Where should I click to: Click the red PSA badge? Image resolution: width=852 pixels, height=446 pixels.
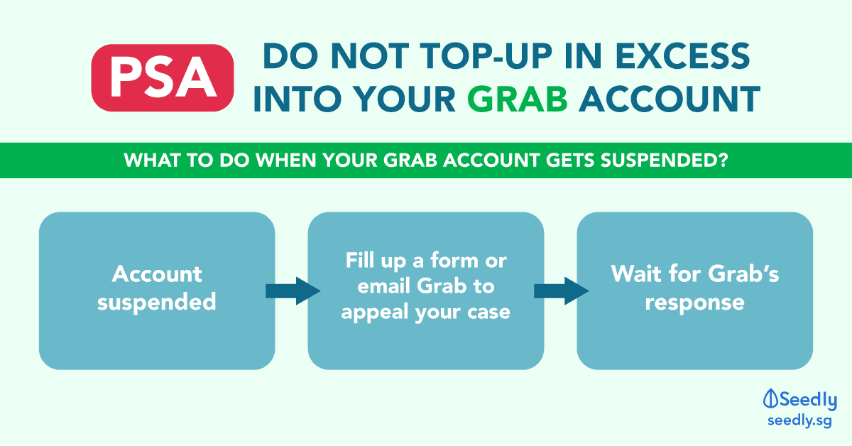click(x=163, y=78)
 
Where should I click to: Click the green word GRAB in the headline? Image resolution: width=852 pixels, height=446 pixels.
click(x=518, y=99)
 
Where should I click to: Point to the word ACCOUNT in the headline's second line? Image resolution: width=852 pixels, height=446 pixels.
click(x=670, y=99)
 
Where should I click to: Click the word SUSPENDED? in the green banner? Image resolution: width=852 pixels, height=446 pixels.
click(x=664, y=161)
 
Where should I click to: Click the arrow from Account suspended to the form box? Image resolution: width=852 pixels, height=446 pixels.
click(x=293, y=291)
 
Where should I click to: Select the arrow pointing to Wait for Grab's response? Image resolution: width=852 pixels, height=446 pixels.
click(x=562, y=291)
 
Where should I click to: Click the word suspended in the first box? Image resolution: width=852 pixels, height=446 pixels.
click(x=157, y=302)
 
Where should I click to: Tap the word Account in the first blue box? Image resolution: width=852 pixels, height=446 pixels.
click(x=157, y=274)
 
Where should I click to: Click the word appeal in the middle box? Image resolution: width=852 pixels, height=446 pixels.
click(x=375, y=312)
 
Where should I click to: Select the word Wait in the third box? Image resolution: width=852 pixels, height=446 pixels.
click(x=636, y=274)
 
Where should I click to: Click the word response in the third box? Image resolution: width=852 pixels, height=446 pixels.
click(x=694, y=303)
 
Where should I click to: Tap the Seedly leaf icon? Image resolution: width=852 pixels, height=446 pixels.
click(x=770, y=399)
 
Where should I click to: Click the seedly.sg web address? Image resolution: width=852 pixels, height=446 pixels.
click(x=799, y=421)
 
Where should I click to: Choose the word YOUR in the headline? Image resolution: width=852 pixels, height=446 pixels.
click(x=404, y=99)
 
